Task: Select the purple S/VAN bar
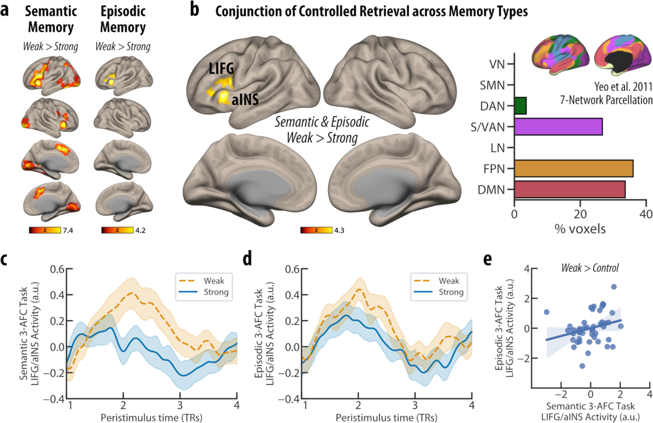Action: tap(558, 126)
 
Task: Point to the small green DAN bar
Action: tap(520, 106)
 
